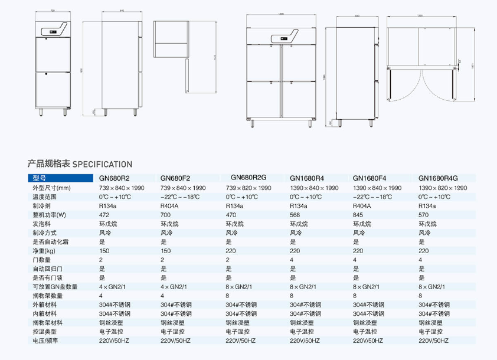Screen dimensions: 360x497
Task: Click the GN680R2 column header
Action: pos(114,178)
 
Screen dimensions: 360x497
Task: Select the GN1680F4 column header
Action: pos(370,178)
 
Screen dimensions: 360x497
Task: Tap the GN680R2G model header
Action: pos(249,177)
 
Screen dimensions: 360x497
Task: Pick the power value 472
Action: pos(104,215)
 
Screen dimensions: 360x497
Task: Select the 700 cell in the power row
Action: pos(165,215)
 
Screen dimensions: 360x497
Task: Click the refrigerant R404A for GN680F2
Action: pos(170,206)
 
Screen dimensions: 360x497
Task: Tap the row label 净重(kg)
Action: pos(45,251)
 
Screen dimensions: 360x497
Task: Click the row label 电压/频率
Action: pos(47,341)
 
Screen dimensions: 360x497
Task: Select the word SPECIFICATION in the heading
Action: pos(102,164)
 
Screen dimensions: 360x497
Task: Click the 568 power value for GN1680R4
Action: pos(295,215)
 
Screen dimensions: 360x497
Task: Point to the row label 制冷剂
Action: pos(42,206)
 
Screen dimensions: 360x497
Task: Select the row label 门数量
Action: pos(42,260)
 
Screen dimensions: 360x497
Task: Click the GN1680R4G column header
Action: pos(438,178)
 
